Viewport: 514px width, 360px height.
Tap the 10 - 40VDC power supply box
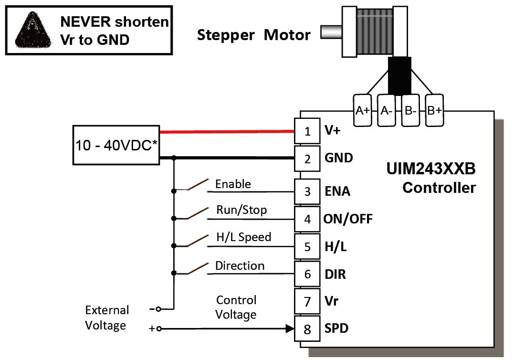116,145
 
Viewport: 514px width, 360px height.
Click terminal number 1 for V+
307,131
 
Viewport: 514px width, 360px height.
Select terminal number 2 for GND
307,158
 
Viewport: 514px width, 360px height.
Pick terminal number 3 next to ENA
307,191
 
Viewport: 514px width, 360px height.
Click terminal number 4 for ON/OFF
307,219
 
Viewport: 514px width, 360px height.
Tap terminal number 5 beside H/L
307,247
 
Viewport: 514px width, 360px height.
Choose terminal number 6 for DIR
307,274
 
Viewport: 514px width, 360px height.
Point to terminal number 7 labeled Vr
307,302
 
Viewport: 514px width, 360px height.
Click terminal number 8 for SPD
307,329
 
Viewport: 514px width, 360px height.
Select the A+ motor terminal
363,110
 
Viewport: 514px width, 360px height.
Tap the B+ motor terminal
434,110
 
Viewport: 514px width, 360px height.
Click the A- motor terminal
387,110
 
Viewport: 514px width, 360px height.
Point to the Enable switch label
233,184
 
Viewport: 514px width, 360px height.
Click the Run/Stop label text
241,210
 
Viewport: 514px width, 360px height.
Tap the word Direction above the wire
240,265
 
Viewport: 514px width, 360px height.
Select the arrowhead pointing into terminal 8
289,328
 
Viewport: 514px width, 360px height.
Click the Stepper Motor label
253,35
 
